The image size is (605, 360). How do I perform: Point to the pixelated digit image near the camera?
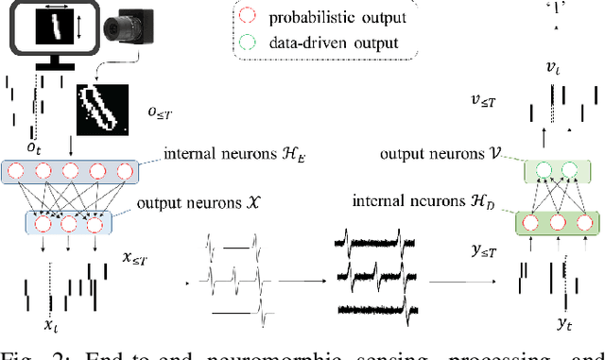100,110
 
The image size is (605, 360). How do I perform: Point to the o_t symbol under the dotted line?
34,148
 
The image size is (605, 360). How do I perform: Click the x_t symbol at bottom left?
48,326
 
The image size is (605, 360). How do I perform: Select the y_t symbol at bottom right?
563,324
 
